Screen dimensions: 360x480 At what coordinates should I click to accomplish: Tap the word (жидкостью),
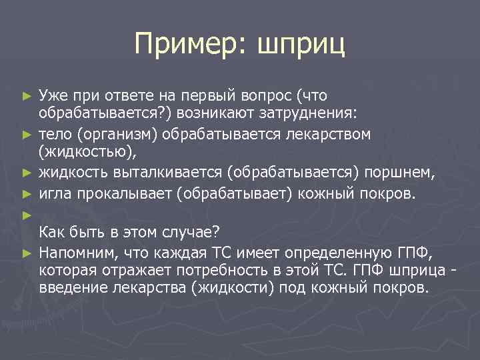click(87, 153)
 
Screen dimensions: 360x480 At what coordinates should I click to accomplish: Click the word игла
click(54, 193)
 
